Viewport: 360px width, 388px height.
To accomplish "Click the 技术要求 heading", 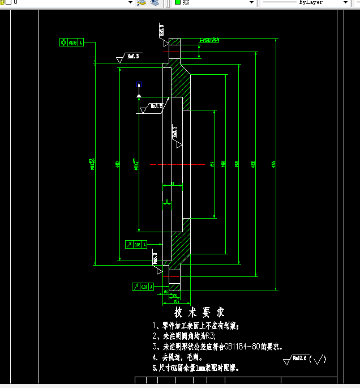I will [x=199, y=313].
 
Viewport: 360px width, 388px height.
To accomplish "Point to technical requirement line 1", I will [x=196, y=326].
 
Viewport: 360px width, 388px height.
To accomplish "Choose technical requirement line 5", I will [x=196, y=368].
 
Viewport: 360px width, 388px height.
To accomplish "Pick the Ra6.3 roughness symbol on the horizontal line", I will [x=128, y=57].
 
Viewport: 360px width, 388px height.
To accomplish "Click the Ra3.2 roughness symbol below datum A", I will [x=153, y=106].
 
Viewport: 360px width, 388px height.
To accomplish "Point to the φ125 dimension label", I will [x=274, y=164].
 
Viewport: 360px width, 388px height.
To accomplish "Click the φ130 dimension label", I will [x=254, y=164].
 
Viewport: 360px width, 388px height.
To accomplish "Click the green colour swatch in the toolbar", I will [x=177, y=2].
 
